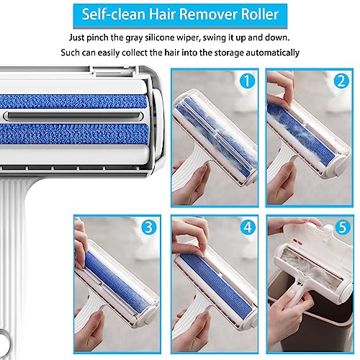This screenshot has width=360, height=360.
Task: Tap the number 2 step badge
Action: (x=338, y=81)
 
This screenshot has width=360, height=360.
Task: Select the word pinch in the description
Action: (x=107, y=37)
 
